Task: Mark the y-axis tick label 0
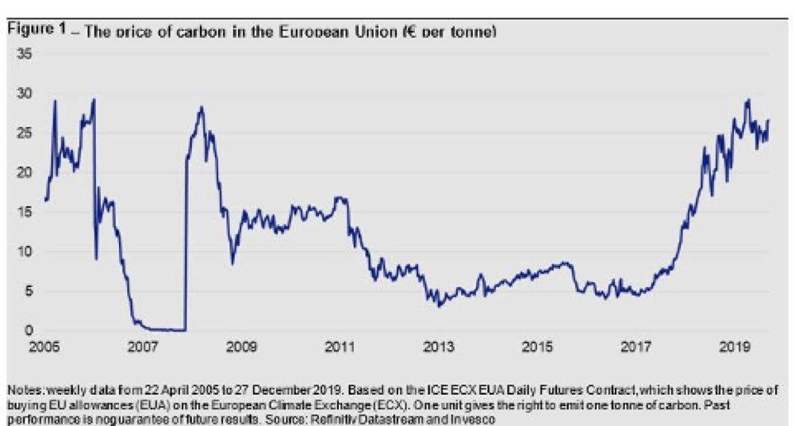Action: [29, 330]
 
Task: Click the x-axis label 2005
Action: [44, 347]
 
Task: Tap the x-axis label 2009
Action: [241, 347]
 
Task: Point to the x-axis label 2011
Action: [340, 347]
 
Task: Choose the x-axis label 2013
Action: [439, 347]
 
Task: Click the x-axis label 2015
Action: [537, 347]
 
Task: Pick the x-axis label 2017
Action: [636, 347]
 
